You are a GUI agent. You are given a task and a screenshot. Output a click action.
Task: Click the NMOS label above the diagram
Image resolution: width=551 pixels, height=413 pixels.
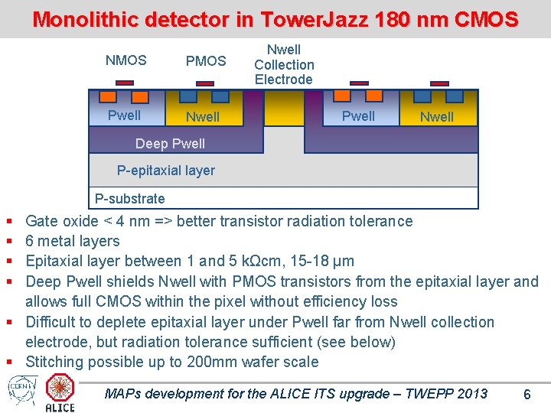[x=126, y=60]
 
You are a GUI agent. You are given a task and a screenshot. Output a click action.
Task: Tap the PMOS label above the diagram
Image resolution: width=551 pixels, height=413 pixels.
[x=206, y=60]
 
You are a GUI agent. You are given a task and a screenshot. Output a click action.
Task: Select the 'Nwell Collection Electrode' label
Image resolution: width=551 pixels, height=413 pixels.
[x=284, y=65]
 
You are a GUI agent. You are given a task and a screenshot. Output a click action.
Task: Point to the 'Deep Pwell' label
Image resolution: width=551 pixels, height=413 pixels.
[x=170, y=144]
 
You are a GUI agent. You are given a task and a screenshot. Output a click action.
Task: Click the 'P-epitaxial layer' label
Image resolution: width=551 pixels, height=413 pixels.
[x=165, y=171]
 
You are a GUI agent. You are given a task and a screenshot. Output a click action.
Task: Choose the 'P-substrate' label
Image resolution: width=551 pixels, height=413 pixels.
[x=129, y=199]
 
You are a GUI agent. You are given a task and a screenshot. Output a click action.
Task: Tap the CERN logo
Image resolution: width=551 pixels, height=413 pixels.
[x=19, y=387]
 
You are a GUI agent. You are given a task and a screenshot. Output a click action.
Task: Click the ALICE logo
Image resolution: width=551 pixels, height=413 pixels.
[x=60, y=392]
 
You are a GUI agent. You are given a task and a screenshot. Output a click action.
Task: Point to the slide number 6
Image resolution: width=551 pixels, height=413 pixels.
[x=527, y=395]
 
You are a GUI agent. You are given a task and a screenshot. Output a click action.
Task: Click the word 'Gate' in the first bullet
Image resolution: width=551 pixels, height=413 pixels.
[x=42, y=222]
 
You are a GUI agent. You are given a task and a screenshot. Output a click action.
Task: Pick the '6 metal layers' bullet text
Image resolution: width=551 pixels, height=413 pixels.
[x=73, y=242]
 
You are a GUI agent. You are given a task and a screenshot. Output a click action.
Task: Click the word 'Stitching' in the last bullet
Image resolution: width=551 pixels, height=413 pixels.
[x=55, y=362]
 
